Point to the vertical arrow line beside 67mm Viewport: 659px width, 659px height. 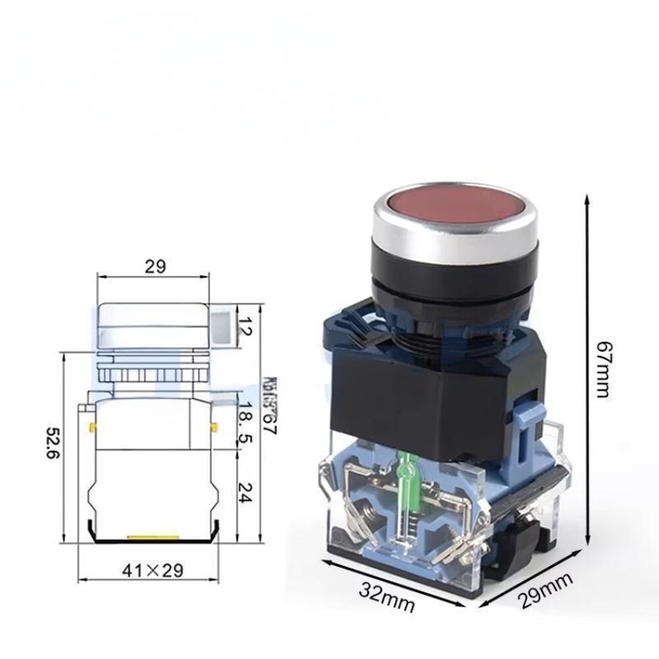[586, 369]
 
